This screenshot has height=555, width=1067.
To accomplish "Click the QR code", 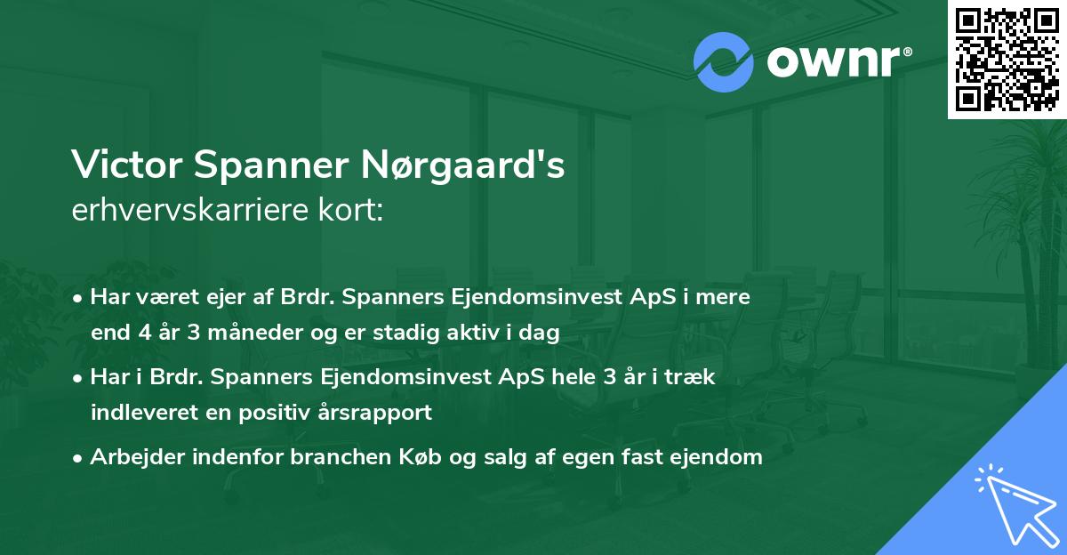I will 1007,59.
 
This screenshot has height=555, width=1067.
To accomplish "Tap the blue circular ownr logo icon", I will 723,62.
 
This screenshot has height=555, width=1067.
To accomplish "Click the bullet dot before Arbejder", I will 79,457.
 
